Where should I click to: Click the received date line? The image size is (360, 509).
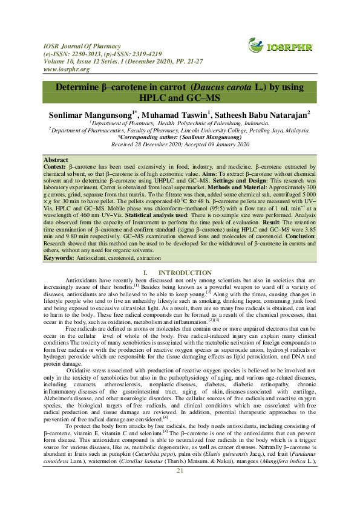(x=180, y=145)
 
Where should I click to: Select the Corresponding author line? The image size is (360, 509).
(x=179, y=137)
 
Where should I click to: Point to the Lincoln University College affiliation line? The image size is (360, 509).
(x=180, y=129)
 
